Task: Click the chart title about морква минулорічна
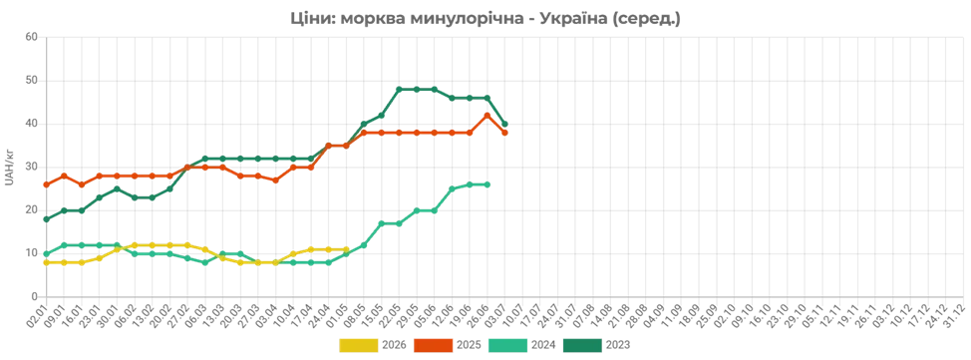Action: point(485,19)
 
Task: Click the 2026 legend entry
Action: point(373,344)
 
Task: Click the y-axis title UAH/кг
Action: point(9,168)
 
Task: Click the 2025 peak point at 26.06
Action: point(486,116)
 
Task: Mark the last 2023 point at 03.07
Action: point(504,124)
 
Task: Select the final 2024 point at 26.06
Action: point(486,184)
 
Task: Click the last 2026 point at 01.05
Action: point(346,249)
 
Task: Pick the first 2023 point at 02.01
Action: point(47,219)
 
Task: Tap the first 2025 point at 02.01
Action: point(47,184)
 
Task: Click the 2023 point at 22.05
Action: point(399,89)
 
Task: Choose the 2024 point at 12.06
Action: point(452,189)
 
